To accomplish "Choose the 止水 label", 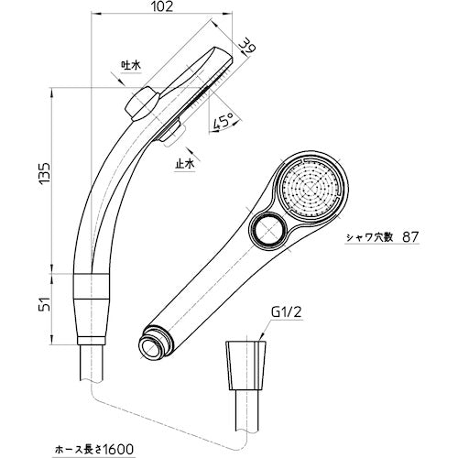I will (x=184, y=165).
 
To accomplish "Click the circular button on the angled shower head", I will (x=271, y=232).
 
